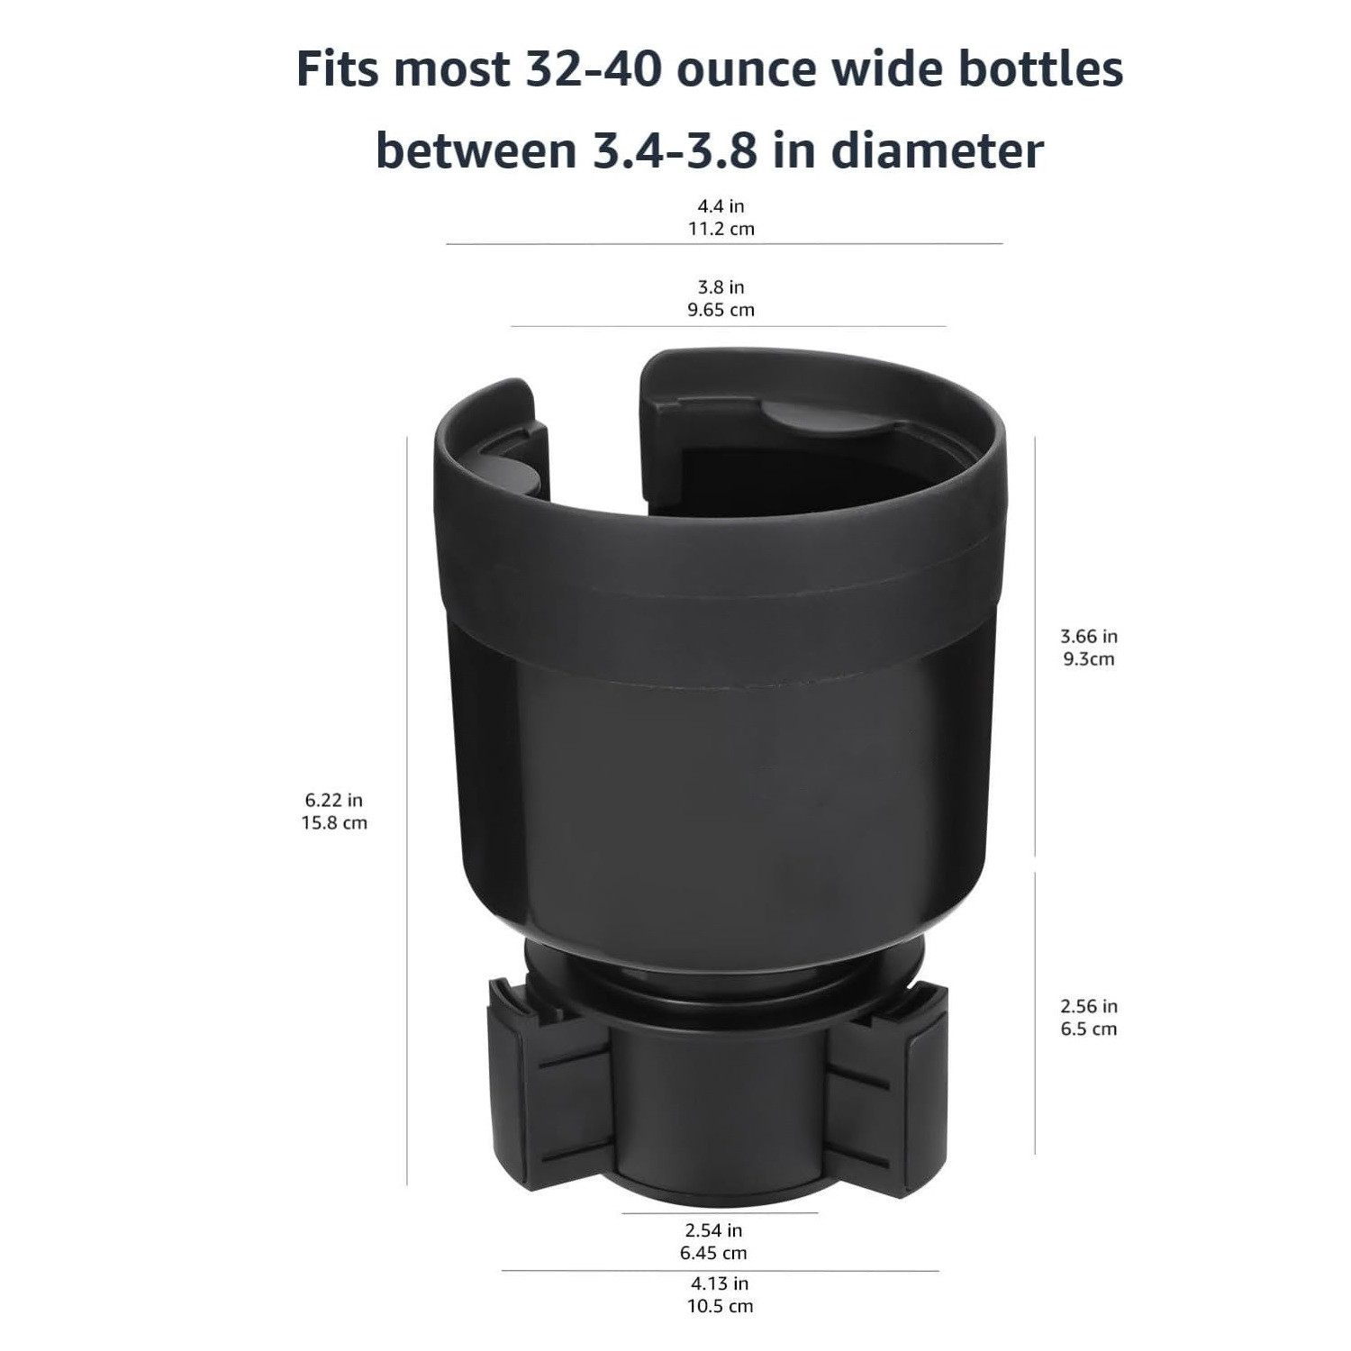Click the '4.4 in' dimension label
point(721,206)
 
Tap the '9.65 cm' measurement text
point(721,310)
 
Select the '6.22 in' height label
point(334,800)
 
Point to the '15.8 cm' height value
point(334,822)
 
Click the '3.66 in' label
point(1088,636)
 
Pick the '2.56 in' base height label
point(1088,1006)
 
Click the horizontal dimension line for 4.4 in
point(724,243)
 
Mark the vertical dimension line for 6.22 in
point(407,811)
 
